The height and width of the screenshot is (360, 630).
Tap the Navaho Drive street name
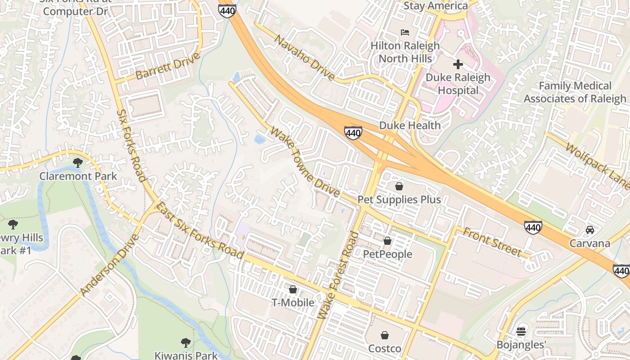pos(304,58)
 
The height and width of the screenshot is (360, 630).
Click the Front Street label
pos(492,243)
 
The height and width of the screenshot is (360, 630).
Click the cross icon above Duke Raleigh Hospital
pos(458,64)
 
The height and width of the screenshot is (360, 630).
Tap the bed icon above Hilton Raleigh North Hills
pos(405,32)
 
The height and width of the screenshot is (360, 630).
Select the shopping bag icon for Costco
pos(385,335)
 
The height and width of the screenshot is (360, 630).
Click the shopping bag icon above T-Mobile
pos(293,289)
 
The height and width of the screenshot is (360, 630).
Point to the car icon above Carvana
pos(589,230)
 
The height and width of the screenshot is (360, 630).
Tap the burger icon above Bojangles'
pos(521,332)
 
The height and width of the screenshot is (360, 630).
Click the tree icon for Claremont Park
pos(78,162)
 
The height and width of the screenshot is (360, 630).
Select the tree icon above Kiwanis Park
pos(185,343)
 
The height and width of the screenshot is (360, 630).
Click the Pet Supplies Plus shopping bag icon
pos(399,186)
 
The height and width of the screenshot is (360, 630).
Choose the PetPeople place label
pos(387,254)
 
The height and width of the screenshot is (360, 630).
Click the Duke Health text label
pos(410,126)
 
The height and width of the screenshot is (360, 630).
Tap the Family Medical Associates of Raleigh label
pos(575,92)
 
